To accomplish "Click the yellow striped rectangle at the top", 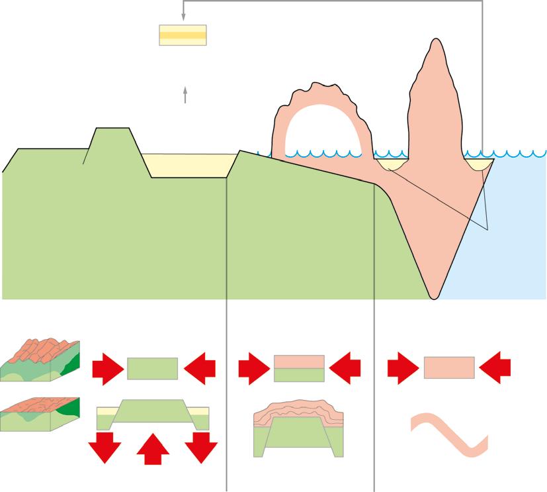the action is click(183, 35).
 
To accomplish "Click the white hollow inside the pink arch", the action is click(323, 132).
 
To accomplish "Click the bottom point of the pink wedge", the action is click(433, 296).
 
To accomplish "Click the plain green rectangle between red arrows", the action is click(152, 368).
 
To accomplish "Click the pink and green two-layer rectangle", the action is click(299, 368).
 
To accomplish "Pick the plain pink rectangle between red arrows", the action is click(449, 368).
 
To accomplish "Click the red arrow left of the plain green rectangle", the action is click(108, 369).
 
